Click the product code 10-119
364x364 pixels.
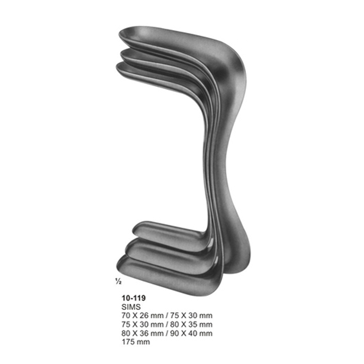point(134,298)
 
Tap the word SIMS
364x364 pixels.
point(131,307)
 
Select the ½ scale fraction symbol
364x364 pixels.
point(118,282)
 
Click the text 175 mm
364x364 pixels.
point(135,342)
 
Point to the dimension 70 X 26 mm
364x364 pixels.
point(142,316)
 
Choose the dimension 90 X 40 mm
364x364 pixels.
point(191,333)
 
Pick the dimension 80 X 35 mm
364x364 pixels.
point(191,324)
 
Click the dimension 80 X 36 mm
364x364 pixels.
point(142,333)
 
